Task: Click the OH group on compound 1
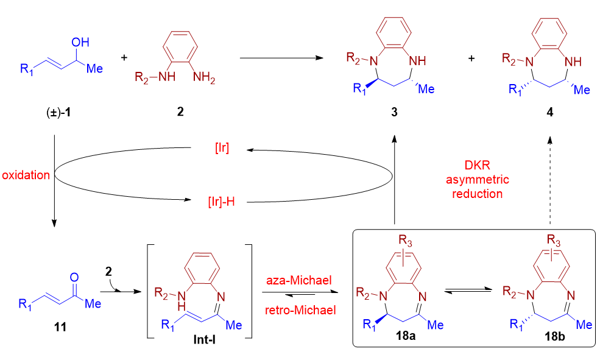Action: (80, 42)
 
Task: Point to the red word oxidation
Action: (26, 175)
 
